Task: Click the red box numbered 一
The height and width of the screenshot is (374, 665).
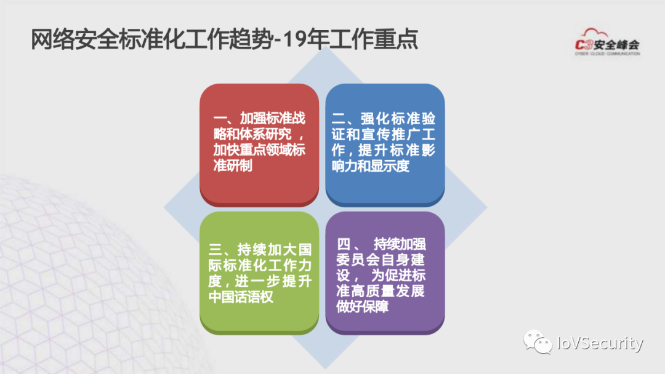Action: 259,144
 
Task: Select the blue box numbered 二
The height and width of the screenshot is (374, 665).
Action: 384,144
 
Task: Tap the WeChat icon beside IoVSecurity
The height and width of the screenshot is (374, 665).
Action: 533,341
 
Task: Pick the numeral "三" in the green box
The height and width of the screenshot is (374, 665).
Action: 216,249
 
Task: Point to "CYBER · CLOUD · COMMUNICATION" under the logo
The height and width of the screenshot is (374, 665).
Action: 607,54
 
